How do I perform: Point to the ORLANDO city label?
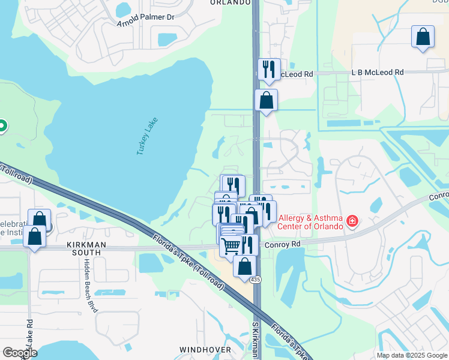click(x=231, y=2)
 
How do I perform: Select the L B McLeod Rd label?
click(x=378, y=73)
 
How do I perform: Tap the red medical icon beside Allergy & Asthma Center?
click(x=352, y=223)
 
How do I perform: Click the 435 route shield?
click(x=256, y=280)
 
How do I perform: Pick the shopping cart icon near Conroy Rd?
click(x=231, y=245)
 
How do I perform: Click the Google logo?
click(x=20, y=353)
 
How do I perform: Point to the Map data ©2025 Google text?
click(x=412, y=355)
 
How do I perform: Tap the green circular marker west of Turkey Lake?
click(x=2, y=126)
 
